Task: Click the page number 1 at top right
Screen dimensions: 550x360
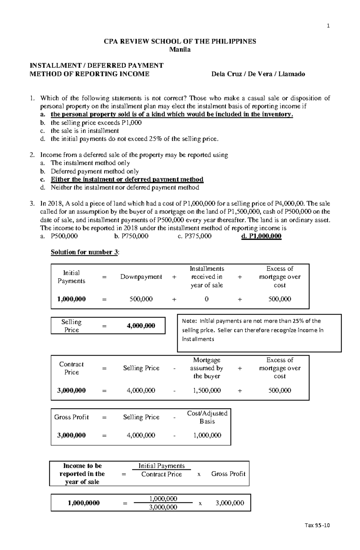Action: [328, 26]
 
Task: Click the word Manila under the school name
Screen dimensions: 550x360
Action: [180, 49]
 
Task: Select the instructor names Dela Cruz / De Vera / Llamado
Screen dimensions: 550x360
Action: [258, 74]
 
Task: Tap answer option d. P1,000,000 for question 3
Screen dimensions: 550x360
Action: [261, 236]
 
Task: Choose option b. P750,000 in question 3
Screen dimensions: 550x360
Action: [131, 236]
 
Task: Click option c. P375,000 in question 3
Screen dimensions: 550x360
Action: [195, 236]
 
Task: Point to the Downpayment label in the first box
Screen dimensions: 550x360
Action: [141, 277]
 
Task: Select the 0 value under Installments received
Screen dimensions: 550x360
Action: [206, 299]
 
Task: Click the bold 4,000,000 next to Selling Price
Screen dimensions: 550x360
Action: [141, 326]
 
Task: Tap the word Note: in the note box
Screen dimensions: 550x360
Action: [190, 321]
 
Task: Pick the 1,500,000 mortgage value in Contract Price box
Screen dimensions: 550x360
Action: [207, 391]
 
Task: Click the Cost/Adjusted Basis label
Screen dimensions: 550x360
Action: [207, 417]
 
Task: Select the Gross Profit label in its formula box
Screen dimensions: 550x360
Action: [71, 417]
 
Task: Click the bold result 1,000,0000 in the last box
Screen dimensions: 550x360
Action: [84, 503]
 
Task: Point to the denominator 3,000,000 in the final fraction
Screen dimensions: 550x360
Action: [163, 507]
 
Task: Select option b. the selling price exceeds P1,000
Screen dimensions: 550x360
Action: [96, 123]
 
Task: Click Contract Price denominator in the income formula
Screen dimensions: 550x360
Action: [161, 474]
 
